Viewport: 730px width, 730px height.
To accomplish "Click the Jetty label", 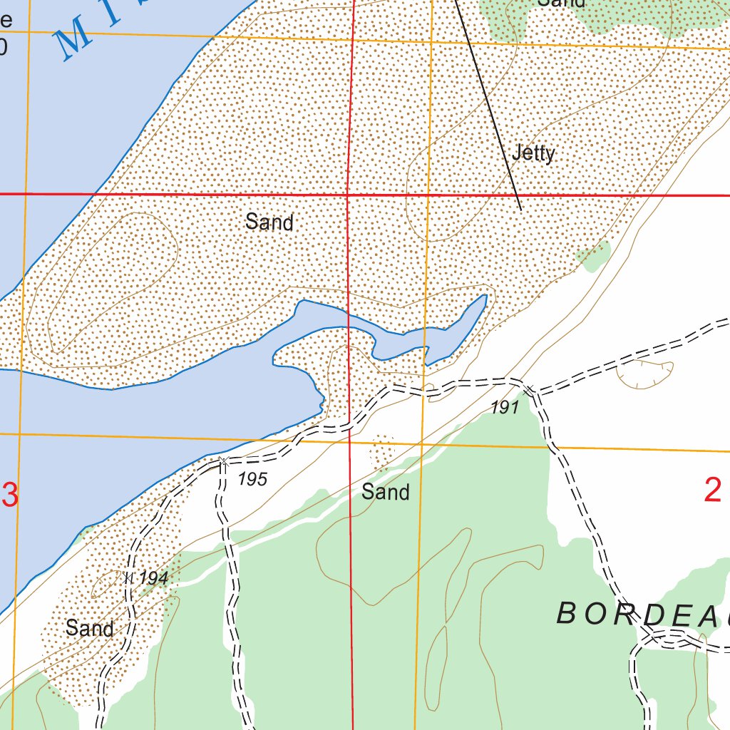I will point(533,153).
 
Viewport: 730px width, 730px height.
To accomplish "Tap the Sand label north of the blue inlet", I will point(269,222).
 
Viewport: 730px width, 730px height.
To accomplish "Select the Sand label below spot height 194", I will point(89,628).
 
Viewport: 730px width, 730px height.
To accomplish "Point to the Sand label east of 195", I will point(385,491).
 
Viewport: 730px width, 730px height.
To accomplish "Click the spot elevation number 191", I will point(504,408).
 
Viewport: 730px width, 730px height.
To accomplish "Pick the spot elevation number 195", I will point(252,479).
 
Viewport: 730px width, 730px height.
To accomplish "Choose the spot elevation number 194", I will point(153,578).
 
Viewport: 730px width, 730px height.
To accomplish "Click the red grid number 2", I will point(712,490).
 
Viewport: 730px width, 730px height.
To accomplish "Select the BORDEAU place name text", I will point(642,615).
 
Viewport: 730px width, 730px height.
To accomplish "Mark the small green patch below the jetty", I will point(593,255).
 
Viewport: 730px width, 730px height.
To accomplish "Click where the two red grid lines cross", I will point(347,194).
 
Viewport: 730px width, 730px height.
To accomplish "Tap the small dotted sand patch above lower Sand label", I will point(382,452).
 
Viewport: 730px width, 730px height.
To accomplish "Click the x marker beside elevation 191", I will point(529,389).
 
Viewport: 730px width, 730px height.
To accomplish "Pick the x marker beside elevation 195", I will point(223,462).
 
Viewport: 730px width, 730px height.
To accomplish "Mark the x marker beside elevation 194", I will point(128,578).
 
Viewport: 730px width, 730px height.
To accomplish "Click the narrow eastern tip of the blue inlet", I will point(483,299).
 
